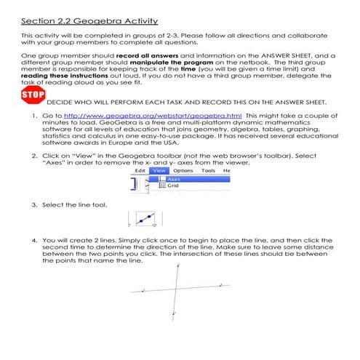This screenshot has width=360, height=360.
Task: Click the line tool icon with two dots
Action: click(146, 217)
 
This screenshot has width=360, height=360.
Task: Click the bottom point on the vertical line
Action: click(173, 313)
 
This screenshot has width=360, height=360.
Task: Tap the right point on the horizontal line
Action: click(220, 284)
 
